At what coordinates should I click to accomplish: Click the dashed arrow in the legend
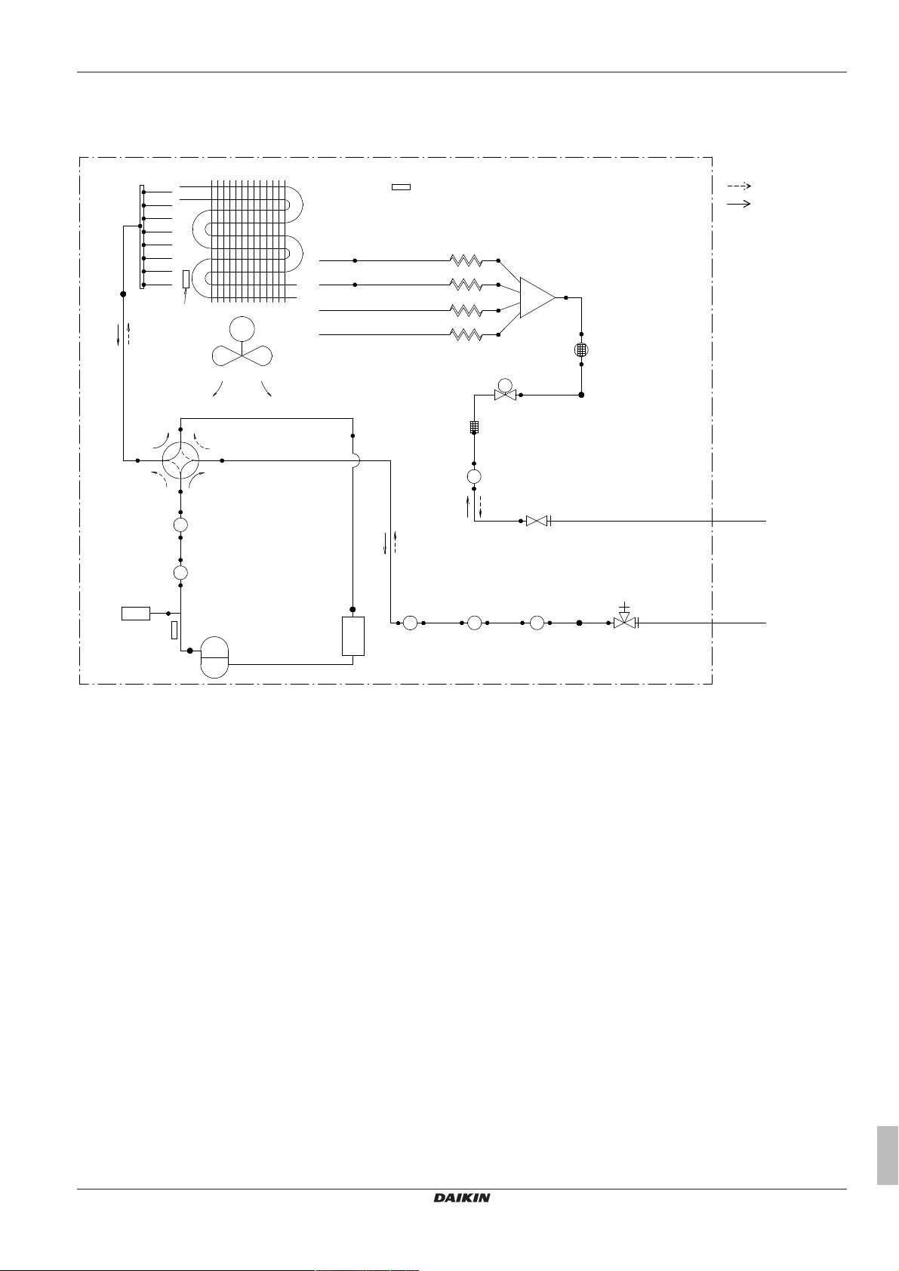click(x=738, y=185)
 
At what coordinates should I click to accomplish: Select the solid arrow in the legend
click(x=738, y=204)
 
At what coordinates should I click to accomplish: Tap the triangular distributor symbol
click(x=537, y=297)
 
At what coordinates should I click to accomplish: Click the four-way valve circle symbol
click(x=180, y=460)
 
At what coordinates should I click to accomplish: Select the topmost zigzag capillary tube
click(x=466, y=260)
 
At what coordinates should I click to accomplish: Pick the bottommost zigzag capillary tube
click(x=466, y=334)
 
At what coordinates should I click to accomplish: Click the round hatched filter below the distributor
click(x=581, y=349)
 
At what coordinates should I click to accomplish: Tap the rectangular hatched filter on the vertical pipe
click(x=474, y=428)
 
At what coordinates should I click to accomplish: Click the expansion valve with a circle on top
click(x=504, y=392)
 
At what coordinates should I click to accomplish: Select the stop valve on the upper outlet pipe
click(x=537, y=521)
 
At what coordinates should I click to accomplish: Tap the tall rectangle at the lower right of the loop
click(x=353, y=635)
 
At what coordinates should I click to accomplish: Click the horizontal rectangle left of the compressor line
click(x=136, y=613)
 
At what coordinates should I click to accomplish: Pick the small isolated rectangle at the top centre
click(x=401, y=186)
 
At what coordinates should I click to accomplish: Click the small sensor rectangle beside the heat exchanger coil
click(x=186, y=279)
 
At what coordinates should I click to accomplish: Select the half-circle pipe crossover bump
click(x=356, y=460)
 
